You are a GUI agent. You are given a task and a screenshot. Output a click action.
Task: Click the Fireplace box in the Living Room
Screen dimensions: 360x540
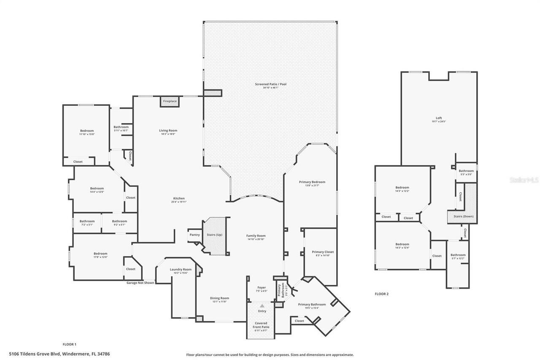point(170,102)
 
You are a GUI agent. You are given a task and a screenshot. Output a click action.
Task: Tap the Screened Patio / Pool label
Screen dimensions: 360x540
point(270,84)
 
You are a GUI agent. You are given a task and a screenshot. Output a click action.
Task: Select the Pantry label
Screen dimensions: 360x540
point(194,235)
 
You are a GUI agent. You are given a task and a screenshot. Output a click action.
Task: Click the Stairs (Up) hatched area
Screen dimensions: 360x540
point(214,235)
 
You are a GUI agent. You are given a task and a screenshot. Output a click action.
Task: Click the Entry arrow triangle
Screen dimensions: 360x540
point(262,306)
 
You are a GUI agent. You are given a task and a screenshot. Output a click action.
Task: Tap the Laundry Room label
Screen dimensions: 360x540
point(181,269)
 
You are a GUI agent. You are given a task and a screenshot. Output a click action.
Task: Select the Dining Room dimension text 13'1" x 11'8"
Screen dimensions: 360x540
point(219,302)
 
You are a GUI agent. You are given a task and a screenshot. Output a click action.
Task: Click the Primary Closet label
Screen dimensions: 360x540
point(323,252)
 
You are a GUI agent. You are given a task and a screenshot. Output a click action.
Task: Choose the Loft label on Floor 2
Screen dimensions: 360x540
point(439,118)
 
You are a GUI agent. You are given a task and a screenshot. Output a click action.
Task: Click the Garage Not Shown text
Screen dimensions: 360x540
point(140,283)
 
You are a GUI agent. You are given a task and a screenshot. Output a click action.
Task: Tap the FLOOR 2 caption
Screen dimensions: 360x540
point(381,294)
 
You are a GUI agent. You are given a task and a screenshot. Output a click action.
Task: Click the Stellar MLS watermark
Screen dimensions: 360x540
point(524,180)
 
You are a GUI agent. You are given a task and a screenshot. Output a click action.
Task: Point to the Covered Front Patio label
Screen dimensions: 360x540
point(261,325)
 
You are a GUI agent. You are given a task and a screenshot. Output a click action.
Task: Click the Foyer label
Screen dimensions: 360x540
point(262,288)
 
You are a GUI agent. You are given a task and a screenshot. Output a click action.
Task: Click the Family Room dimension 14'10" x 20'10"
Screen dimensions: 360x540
point(256,239)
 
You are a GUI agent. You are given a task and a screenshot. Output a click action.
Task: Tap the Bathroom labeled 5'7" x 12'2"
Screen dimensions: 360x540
point(458,255)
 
